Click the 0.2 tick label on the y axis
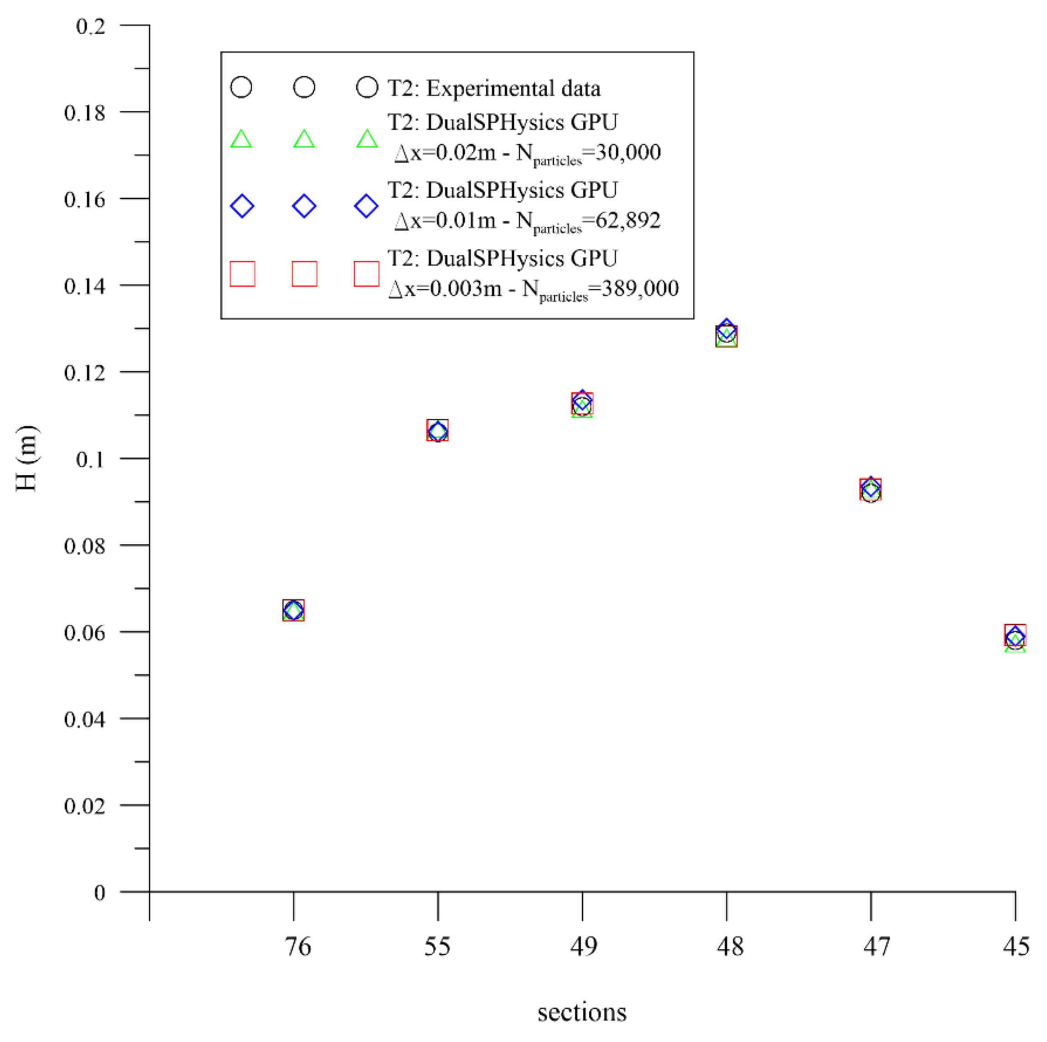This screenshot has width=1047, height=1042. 90,26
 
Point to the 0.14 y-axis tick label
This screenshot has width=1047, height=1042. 84,286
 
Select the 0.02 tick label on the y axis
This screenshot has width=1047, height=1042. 84,805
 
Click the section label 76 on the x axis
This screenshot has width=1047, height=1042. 298,947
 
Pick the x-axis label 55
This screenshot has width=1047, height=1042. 437,947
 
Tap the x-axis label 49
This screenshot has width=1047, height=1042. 583,947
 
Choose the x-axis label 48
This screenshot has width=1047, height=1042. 729,947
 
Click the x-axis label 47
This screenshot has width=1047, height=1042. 876,947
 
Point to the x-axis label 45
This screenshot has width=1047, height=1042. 1016,947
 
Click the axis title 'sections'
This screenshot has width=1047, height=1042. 581,1012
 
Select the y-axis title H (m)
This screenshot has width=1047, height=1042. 26,458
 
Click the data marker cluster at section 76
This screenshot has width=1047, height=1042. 293,610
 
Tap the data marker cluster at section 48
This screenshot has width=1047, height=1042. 726,336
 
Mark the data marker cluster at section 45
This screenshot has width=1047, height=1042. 1015,637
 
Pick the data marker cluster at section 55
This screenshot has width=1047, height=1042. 437,431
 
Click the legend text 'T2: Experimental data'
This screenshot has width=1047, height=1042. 494,89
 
